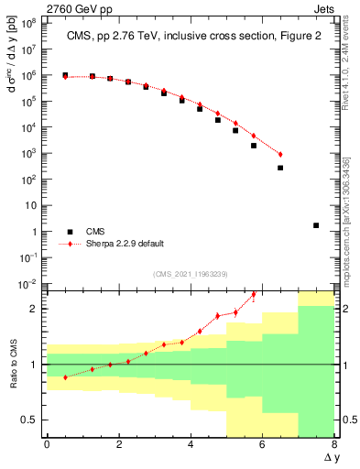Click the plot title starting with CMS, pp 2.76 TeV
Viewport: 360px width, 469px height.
coord(189,37)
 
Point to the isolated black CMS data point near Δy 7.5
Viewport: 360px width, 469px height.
coord(316,224)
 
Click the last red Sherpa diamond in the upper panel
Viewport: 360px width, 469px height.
coord(280,154)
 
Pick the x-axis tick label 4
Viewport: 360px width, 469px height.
coord(191,445)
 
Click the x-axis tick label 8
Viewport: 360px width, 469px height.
coord(334,445)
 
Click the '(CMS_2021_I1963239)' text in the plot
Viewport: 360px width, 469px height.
coord(189,273)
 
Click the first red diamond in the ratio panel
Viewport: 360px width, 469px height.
coord(65,377)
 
